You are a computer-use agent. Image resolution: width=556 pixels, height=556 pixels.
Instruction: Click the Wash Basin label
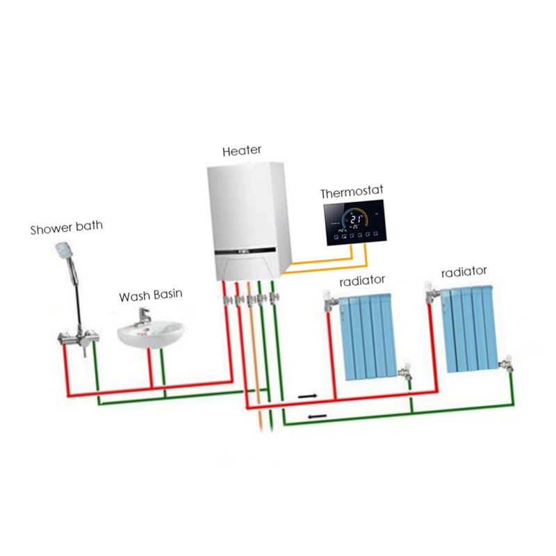(x=150, y=295)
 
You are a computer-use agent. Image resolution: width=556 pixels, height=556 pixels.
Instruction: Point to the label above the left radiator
(x=362, y=281)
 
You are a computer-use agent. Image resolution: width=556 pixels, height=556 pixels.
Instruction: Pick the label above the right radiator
(x=464, y=270)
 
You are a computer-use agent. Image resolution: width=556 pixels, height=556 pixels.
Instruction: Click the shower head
(x=65, y=249)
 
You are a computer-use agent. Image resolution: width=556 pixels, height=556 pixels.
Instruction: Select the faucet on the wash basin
(x=145, y=316)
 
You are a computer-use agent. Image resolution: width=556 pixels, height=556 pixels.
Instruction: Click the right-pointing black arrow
(x=306, y=396)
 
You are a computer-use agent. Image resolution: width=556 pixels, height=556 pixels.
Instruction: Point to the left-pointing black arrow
(x=316, y=417)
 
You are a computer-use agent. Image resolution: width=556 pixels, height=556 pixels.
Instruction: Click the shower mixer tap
(x=74, y=340)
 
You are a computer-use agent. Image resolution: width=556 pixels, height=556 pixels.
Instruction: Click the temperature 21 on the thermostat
(x=355, y=215)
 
